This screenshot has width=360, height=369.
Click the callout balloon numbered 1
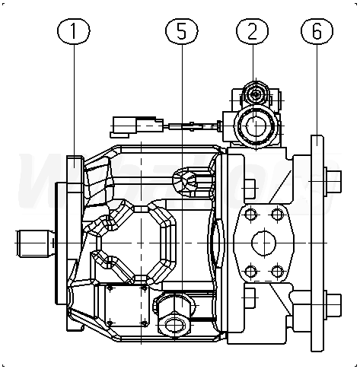pyautogui.click(x=74, y=31)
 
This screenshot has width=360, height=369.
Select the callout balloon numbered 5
pyautogui.click(x=182, y=31)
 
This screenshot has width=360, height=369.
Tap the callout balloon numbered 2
pyautogui.click(x=252, y=31)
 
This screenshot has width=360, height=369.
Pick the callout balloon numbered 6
pyautogui.click(x=317, y=31)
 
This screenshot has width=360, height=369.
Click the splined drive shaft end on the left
pyautogui.click(x=35, y=243)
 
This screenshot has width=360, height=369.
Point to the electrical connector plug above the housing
pyautogui.click(x=137, y=126)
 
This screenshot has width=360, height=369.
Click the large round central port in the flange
pyautogui.click(x=264, y=243)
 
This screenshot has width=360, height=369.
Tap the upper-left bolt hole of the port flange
pyautogui.click(x=251, y=215)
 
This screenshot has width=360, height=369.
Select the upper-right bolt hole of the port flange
pyautogui.click(x=277, y=215)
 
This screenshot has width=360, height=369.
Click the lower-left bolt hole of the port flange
pyautogui.click(x=251, y=272)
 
